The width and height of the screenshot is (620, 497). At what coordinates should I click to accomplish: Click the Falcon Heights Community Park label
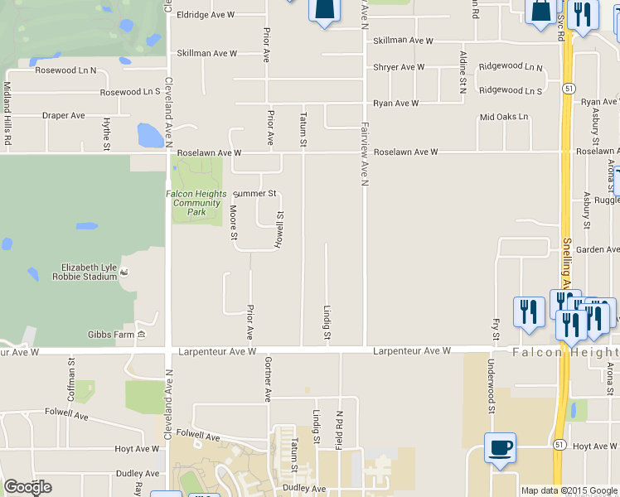click(196, 203)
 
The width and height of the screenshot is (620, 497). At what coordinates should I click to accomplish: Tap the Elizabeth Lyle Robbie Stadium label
click(90, 273)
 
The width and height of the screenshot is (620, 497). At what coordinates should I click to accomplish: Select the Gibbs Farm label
click(111, 335)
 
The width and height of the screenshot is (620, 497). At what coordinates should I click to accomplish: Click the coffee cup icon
click(500, 448)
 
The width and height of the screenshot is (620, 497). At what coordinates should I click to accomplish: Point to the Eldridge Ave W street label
click(206, 15)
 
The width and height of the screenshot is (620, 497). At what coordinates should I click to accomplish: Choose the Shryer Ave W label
click(399, 67)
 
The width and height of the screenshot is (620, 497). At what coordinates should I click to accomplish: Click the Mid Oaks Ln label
click(504, 117)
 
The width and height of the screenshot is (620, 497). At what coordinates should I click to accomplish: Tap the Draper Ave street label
click(64, 115)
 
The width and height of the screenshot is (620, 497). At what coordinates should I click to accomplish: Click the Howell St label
click(279, 229)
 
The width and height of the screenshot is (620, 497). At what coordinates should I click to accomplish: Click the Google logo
click(27, 487)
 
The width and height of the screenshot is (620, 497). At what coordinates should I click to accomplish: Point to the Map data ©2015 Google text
click(568, 490)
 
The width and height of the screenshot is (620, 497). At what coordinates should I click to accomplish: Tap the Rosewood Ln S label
click(130, 92)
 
